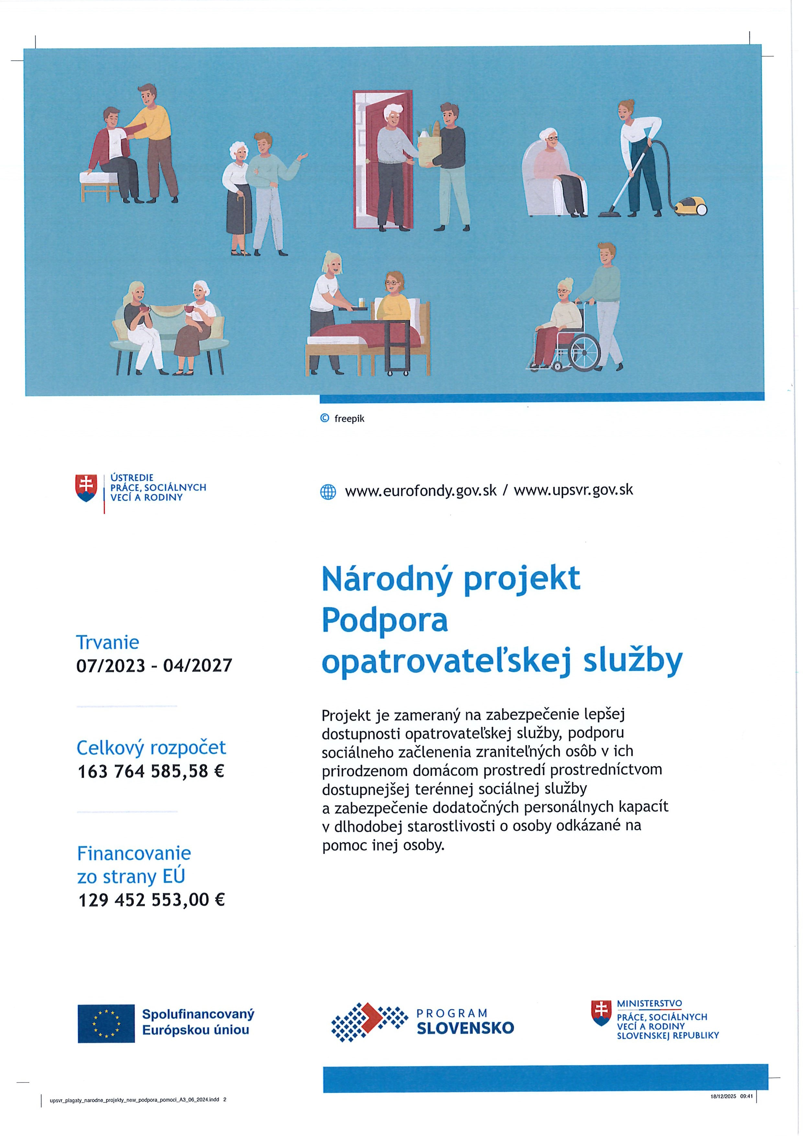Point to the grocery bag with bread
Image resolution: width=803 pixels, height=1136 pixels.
tap(429, 147)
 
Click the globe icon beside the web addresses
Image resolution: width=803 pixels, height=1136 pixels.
tap(328, 492)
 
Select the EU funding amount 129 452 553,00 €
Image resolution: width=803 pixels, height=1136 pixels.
tap(152, 900)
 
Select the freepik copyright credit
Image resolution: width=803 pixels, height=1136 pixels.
tap(343, 419)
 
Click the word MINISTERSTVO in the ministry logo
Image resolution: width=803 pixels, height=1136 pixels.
tap(649, 1004)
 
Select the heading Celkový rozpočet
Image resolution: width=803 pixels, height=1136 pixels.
tap(151, 747)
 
